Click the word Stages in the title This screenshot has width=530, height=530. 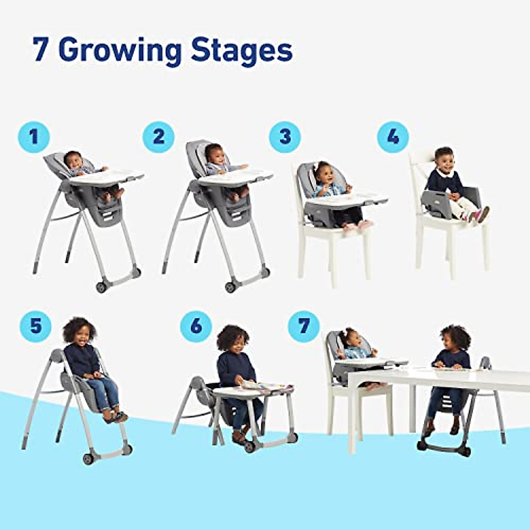tap(242, 50)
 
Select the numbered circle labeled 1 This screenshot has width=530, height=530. tap(34, 137)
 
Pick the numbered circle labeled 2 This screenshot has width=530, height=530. tap(159, 137)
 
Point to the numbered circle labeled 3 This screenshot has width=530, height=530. tap(285, 137)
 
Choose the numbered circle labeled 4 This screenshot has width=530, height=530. tap(393, 137)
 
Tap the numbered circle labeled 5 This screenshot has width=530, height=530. tap(35, 326)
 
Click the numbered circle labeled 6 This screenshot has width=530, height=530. tap(196, 326)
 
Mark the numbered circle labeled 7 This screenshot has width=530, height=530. tap(303, 326)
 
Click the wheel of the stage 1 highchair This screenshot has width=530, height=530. tap(101, 287)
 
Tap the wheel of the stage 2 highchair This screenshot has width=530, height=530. tap(230, 287)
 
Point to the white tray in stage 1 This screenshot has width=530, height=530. tap(106, 176)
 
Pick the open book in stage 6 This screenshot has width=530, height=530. tap(265, 386)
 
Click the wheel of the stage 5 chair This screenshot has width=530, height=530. tap(88, 458)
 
